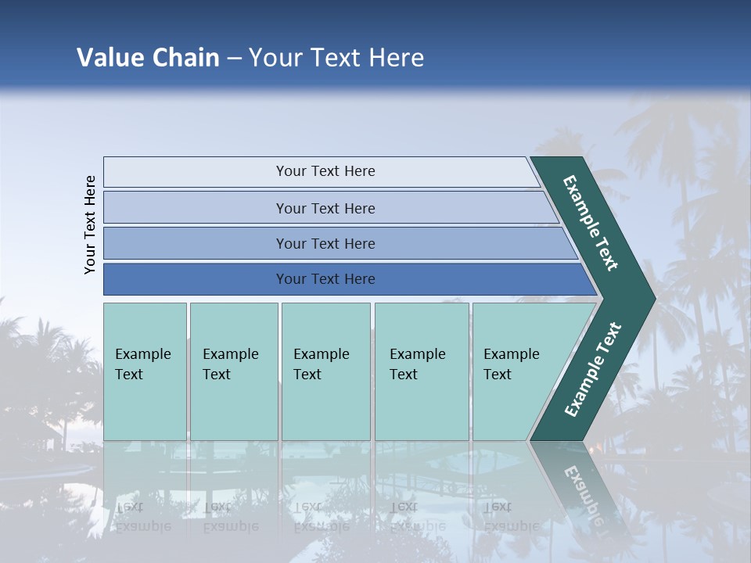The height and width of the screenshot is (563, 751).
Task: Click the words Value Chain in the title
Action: click(x=148, y=58)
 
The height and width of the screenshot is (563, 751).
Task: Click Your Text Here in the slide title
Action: click(x=336, y=58)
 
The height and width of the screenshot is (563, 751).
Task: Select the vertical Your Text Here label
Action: click(x=90, y=224)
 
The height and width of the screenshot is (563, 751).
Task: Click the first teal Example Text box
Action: click(x=145, y=371)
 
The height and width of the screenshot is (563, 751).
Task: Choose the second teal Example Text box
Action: click(x=233, y=371)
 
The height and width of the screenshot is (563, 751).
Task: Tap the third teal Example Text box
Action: click(x=325, y=371)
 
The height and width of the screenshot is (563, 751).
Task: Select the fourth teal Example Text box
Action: click(x=421, y=371)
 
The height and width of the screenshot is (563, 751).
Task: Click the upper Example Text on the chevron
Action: click(x=591, y=223)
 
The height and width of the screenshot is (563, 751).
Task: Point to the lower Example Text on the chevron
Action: click(x=592, y=370)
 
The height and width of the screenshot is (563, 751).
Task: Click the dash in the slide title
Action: click(x=234, y=58)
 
